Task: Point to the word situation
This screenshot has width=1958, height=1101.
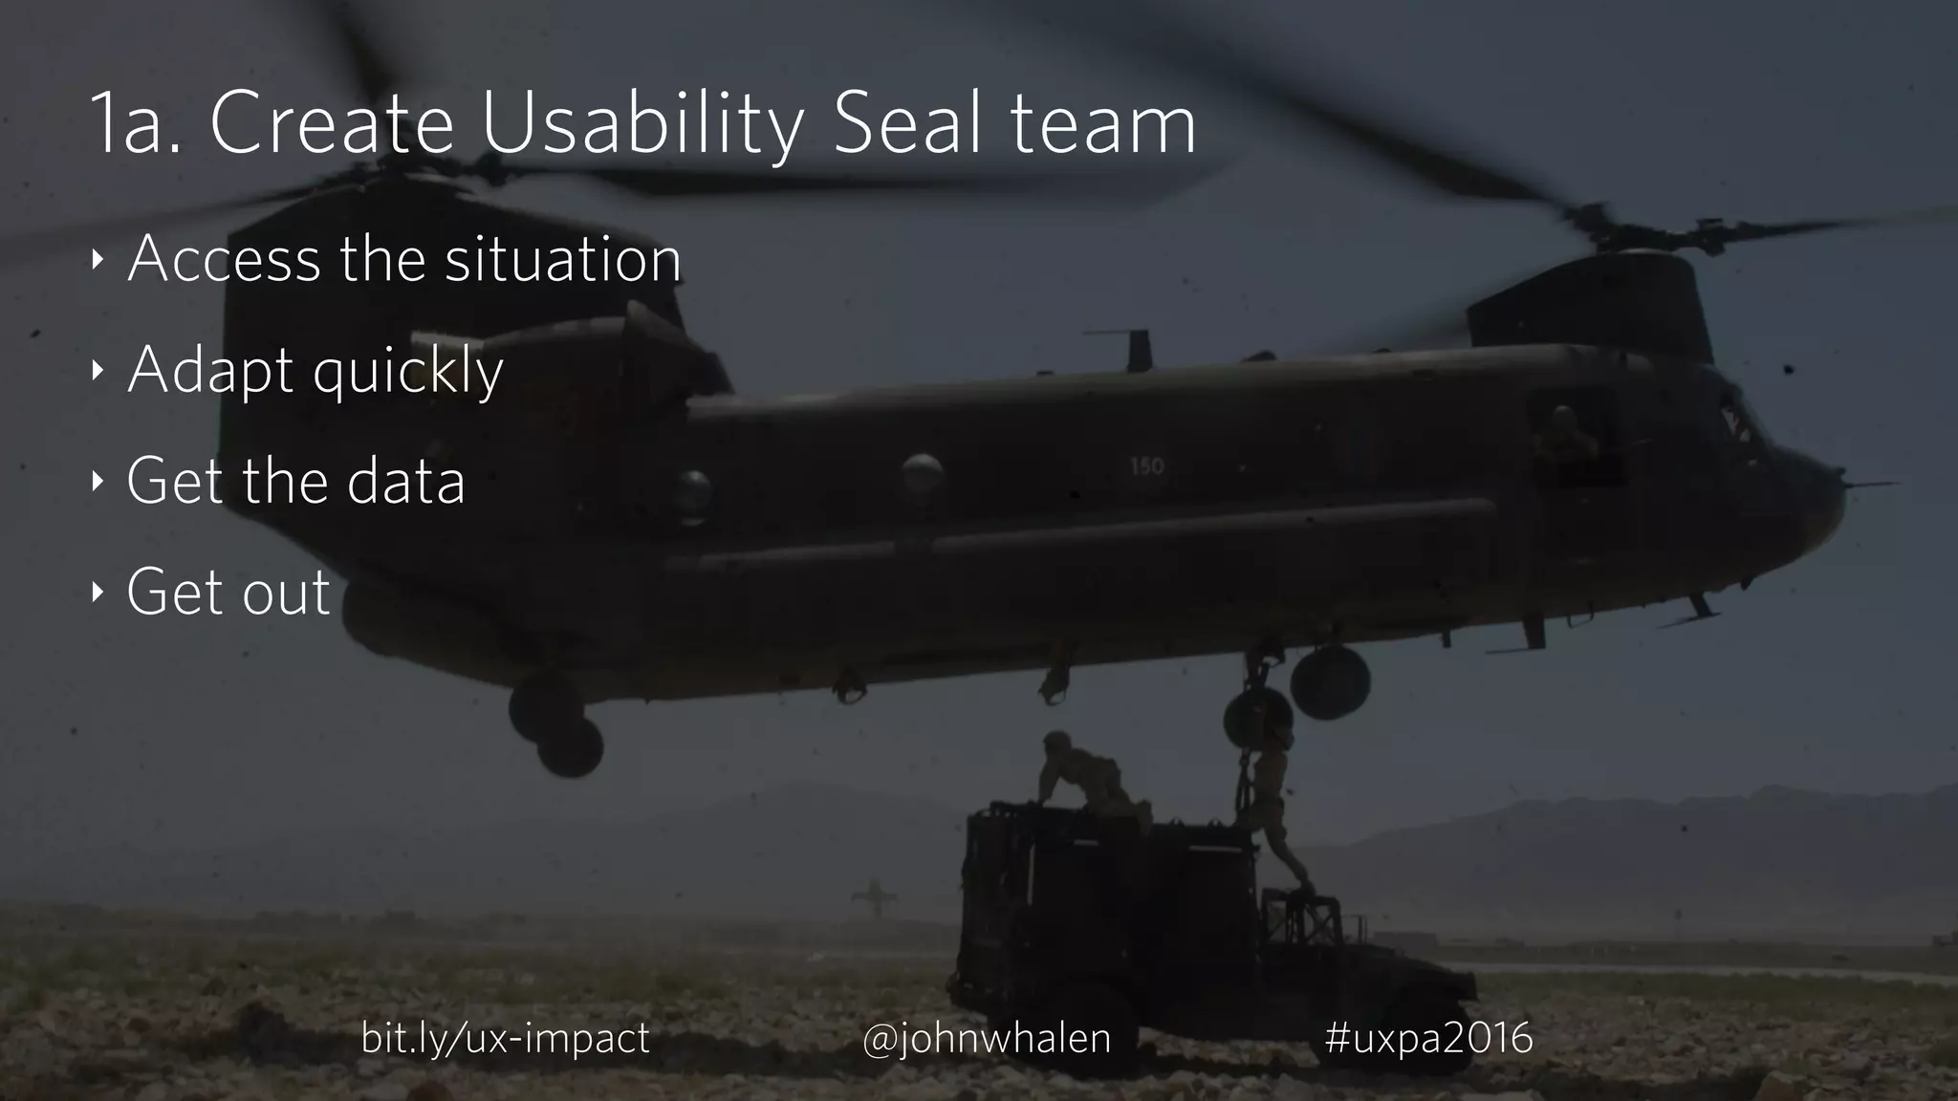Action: pos(562,259)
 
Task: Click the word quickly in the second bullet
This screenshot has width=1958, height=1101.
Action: pos(407,372)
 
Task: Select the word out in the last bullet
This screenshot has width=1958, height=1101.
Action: pos(285,592)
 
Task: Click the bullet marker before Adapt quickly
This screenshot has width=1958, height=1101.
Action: pos(97,370)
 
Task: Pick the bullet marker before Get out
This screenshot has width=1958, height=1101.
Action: pos(97,592)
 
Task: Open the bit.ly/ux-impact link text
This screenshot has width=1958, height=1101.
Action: pos(505,1038)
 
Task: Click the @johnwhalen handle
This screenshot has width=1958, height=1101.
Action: pos(986,1038)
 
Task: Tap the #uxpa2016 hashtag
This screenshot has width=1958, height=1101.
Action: pos(1428,1038)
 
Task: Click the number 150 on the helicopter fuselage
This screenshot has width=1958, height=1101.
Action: pos(1146,466)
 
